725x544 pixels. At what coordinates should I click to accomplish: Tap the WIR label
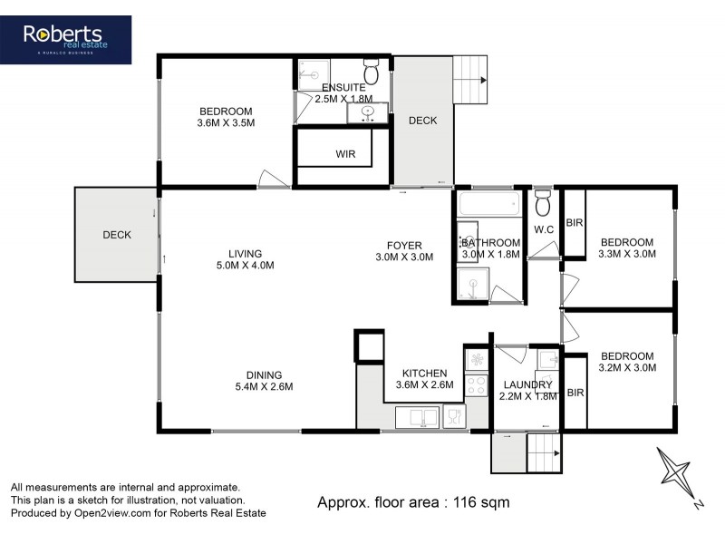[345, 154]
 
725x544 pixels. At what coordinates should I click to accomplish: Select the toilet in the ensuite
[371, 73]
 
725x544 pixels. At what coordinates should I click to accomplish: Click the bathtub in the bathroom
[489, 204]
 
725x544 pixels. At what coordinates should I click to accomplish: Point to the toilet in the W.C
[543, 200]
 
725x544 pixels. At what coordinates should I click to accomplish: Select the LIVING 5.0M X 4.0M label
[245, 259]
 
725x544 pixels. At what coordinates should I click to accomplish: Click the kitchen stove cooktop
[477, 384]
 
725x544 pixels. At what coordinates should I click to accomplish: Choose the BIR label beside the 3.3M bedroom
[574, 222]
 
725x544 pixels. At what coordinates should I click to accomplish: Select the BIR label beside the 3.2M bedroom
[574, 392]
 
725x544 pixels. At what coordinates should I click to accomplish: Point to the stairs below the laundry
[543, 450]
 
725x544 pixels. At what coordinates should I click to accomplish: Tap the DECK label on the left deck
[117, 235]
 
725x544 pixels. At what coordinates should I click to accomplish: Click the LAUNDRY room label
[527, 385]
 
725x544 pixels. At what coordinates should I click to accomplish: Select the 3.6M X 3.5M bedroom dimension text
[226, 123]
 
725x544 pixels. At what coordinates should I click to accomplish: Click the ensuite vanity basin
[369, 113]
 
